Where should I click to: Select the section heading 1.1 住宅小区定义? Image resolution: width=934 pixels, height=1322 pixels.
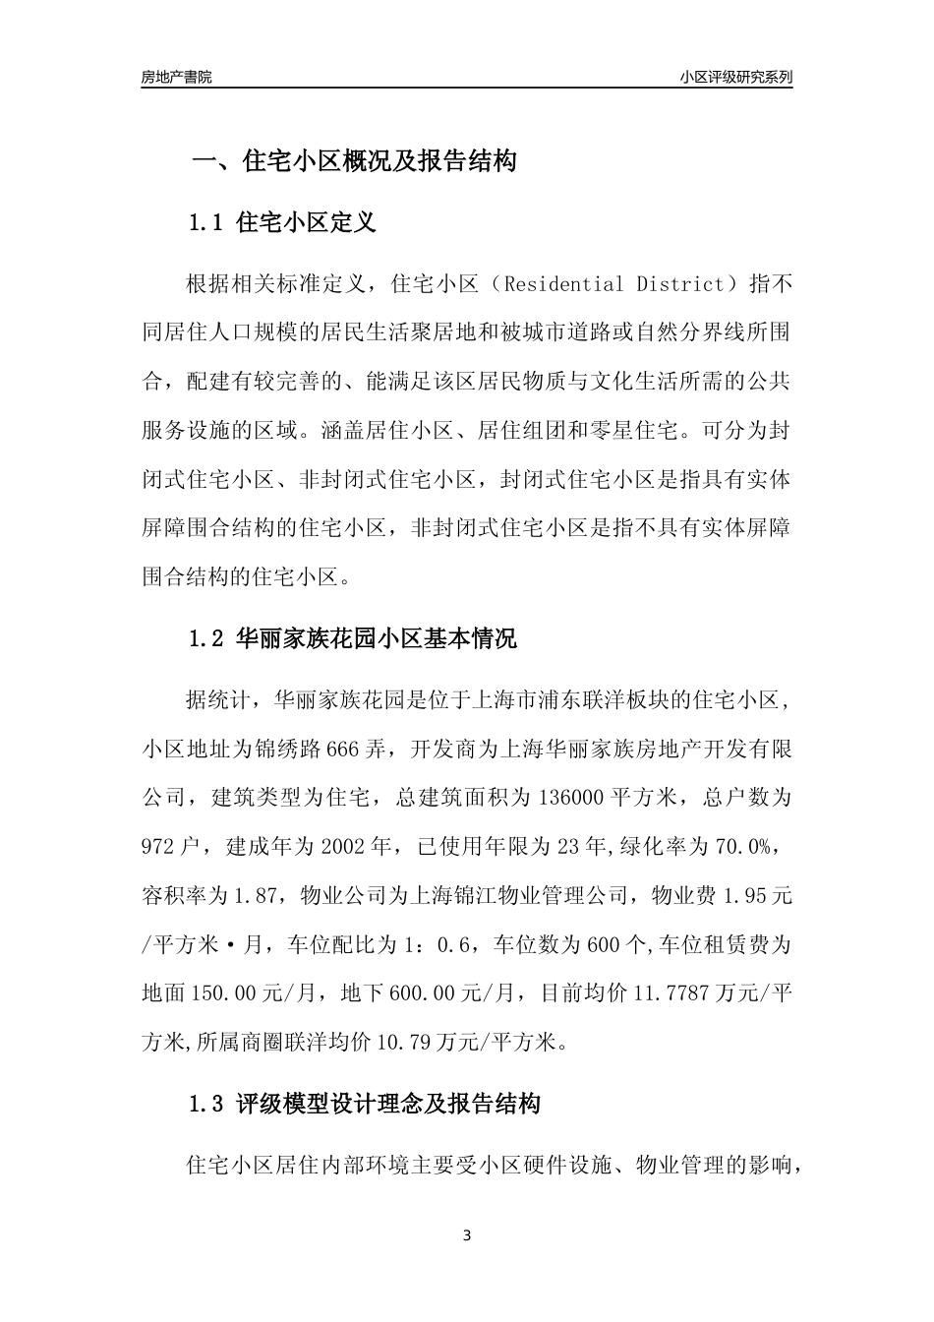click(282, 223)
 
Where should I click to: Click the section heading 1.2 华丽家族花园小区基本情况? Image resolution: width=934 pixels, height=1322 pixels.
click(352, 639)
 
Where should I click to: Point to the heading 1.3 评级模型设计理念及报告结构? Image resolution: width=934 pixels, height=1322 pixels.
click(364, 1105)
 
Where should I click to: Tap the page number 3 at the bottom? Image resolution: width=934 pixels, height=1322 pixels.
click(467, 1235)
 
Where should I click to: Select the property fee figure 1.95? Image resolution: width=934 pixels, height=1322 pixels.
click(747, 896)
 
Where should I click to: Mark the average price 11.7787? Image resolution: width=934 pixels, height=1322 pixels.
click(678, 993)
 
